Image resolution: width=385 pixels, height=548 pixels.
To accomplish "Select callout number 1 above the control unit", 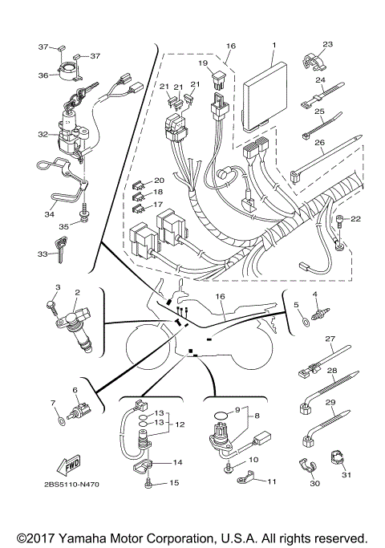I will pos(273,46).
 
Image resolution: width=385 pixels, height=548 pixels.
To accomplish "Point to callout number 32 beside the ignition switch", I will pos(42,136).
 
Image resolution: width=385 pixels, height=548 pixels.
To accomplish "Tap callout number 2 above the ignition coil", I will pos(77,293).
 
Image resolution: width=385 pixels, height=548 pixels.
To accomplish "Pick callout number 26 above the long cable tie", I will pos(319,144).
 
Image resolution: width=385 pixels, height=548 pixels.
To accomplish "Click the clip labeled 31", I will pos(337,459).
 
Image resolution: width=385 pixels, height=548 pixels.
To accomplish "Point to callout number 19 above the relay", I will pos(203,62).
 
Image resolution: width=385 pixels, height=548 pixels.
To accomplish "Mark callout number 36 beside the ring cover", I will pos(43,75).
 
